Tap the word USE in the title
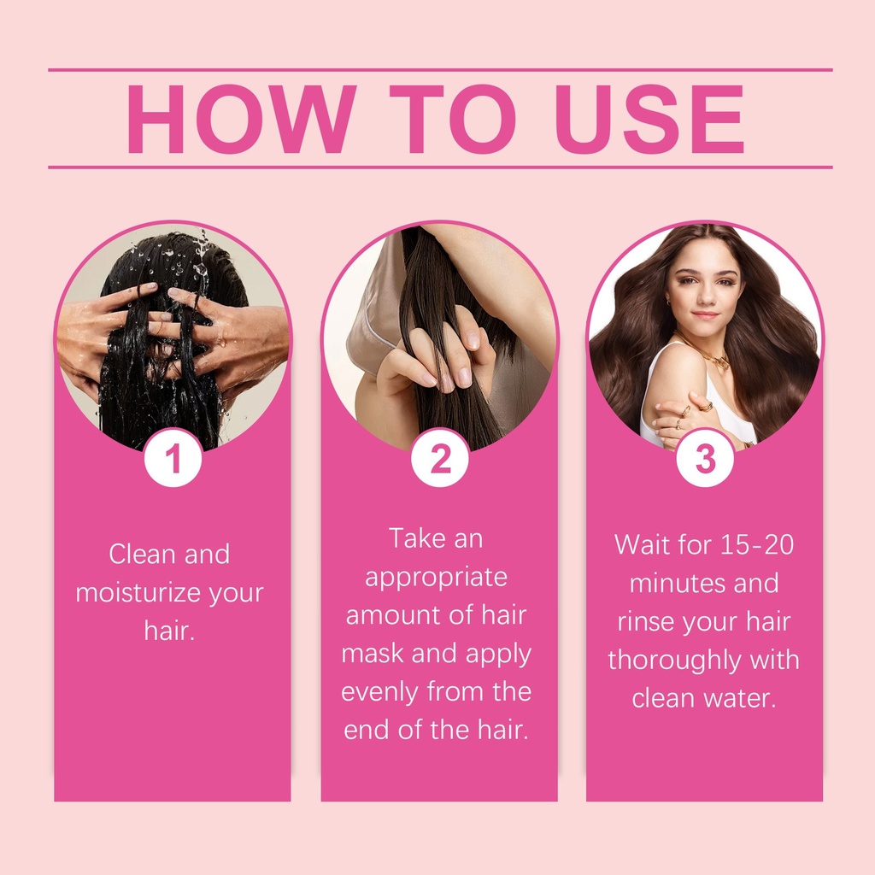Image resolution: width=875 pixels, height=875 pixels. click(649, 119)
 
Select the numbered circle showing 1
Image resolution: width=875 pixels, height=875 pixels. click(173, 458)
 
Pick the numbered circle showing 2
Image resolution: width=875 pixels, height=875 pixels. click(440, 458)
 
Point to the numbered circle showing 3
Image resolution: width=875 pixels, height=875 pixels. click(705, 458)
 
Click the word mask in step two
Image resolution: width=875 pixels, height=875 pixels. click(373, 654)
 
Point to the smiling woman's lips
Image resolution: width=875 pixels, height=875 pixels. click(705, 314)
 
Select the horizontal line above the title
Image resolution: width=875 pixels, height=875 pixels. click(440, 70)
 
